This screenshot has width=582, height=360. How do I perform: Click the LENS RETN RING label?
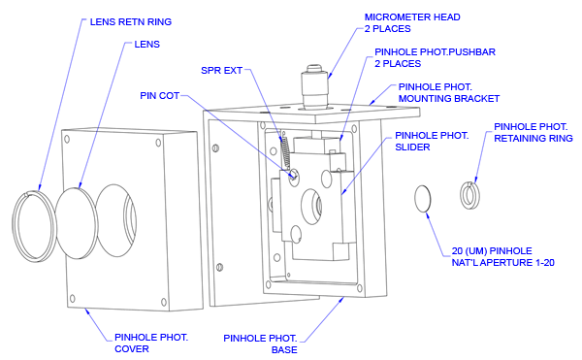coord(131,22)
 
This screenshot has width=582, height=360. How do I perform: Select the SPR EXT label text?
coord(221,71)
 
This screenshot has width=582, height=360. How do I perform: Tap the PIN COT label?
coord(160,96)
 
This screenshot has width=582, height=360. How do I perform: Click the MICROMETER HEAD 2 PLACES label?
coord(412,23)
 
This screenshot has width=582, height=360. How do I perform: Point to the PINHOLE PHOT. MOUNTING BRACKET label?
coord(449,93)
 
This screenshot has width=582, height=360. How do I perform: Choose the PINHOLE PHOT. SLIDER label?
coord(432,142)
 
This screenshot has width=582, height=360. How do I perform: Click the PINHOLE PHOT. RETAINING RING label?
coord(533,133)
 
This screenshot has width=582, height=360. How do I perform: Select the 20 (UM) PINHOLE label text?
coord(492,251)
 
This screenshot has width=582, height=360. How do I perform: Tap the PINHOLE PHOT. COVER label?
coord(151,343)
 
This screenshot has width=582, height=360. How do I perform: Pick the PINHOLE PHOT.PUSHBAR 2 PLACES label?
coord(435,58)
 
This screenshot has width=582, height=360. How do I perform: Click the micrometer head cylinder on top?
coord(315,87)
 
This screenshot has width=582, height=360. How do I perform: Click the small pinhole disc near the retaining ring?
coord(423,199)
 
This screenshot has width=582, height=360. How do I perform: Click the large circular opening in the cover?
coord(116,220)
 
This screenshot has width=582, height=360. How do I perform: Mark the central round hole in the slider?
coord(311,207)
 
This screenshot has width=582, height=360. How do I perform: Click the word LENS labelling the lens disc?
coord(147,45)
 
